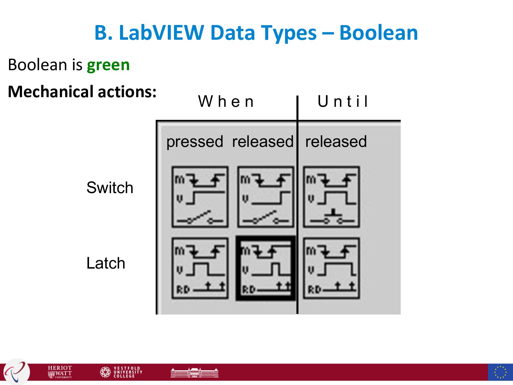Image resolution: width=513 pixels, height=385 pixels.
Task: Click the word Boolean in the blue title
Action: (378, 33)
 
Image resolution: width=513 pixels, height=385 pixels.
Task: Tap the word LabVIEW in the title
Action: (162, 33)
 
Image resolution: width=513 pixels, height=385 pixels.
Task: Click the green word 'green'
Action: (108, 65)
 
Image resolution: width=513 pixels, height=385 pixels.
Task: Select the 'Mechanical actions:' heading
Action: (82, 92)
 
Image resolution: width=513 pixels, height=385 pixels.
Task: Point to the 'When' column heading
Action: (226, 102)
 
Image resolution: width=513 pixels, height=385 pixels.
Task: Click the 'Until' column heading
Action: (343, 102)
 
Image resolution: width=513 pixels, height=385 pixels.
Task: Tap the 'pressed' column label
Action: (195, 142)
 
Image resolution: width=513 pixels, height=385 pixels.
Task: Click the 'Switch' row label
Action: (110, 188)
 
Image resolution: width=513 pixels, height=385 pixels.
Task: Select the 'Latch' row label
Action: (106, 263)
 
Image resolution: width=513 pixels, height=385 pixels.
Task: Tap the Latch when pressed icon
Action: (200, 268)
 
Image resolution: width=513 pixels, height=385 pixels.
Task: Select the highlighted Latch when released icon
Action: (265, 268)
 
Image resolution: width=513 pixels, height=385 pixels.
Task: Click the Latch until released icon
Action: (331, 268)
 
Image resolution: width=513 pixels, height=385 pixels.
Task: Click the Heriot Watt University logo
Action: (60, 372)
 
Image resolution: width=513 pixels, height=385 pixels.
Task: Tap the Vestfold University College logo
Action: (121, 372)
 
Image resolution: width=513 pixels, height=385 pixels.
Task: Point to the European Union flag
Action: (500, 372)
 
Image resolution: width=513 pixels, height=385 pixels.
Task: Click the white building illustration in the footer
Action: (194, 372)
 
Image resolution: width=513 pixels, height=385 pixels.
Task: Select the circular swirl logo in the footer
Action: (16, 372)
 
